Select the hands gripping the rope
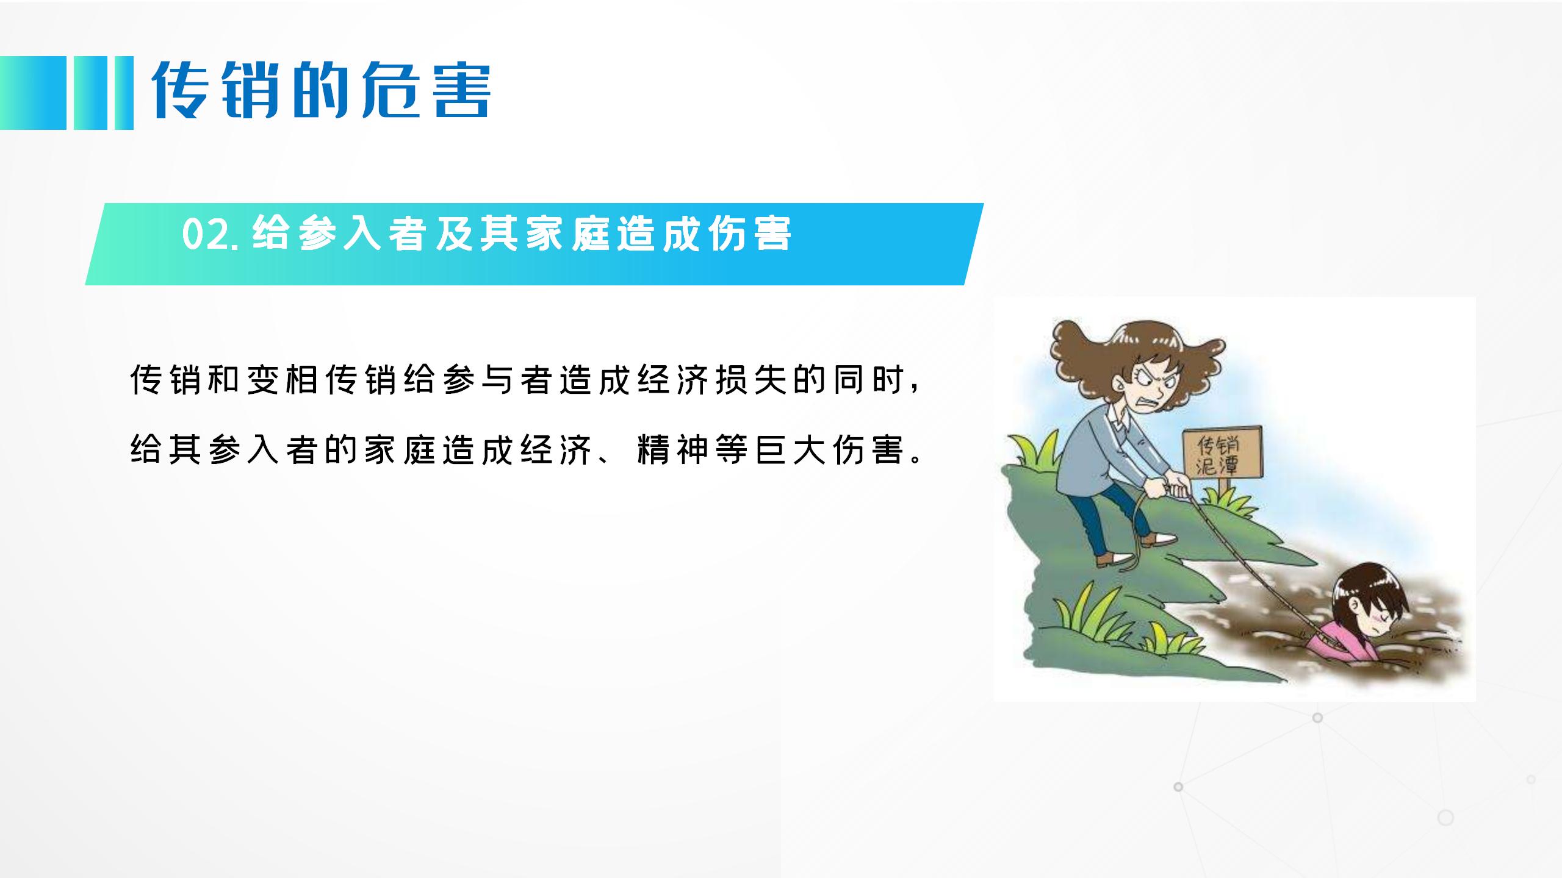click(1173, 487)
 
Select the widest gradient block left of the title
click(33, 93)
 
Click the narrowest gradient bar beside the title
click(124, 93)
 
